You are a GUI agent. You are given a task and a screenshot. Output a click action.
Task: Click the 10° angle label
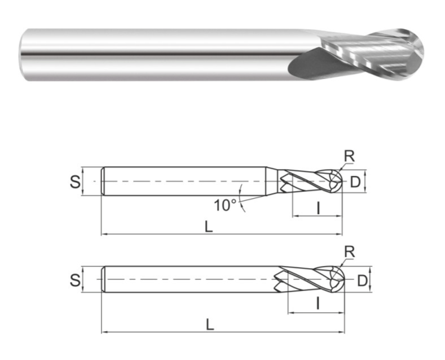point(225,205)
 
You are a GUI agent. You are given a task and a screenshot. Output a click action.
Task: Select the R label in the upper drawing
point(349,156)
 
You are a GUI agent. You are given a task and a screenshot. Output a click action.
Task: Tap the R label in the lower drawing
point(349,252)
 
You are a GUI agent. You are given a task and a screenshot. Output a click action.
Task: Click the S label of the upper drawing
point(75,182)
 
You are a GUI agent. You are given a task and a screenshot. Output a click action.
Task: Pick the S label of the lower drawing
point(75,280)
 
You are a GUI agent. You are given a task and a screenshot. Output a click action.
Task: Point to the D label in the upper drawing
point(355,182)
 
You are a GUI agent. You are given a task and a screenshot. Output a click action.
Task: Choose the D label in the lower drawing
point(362,281)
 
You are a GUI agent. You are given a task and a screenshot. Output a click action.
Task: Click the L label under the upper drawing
point(209,227)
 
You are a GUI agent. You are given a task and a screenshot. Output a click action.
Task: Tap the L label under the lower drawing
point(210,325)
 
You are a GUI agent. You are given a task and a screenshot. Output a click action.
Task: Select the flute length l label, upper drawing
point(319,208)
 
